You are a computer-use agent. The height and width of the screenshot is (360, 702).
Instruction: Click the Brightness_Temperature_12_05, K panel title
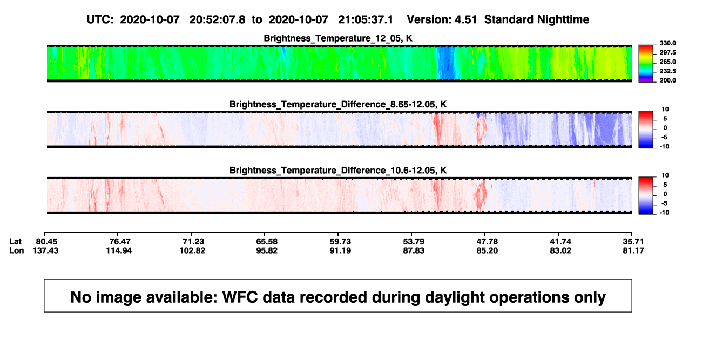tap(338, 38)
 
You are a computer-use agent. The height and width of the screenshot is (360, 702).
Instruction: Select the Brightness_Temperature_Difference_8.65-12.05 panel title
tap(338, 104)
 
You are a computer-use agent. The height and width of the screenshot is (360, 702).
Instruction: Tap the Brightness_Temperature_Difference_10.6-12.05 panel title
tap(338, 171)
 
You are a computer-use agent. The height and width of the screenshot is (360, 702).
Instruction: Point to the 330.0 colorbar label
tap(667, 43)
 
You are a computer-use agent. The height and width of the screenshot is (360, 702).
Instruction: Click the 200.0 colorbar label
tap(667, 80)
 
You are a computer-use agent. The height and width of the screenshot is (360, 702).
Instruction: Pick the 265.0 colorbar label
tap(667, 62)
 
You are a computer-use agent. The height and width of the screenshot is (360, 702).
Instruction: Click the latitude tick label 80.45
tap(46, 242)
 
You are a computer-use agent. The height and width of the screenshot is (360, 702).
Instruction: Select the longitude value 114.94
tap(119, 250)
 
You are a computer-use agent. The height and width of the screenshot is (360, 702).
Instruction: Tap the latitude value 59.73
tap(340, 242)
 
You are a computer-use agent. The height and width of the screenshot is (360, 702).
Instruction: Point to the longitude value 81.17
tap(633, 250)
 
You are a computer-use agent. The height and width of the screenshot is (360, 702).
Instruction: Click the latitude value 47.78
tap(487, 242)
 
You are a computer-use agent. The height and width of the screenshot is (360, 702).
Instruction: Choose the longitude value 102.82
tap(192, 250)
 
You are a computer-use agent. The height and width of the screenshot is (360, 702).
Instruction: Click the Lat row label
tap(15, 242)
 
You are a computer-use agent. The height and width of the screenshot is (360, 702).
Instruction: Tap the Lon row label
tap(16, 250)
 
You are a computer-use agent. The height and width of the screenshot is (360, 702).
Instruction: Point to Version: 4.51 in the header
tap(442, 19)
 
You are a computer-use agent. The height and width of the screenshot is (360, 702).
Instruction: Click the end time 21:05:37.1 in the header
tap(366, 19)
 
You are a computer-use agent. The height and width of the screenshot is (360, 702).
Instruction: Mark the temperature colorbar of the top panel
tap(646, 64)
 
